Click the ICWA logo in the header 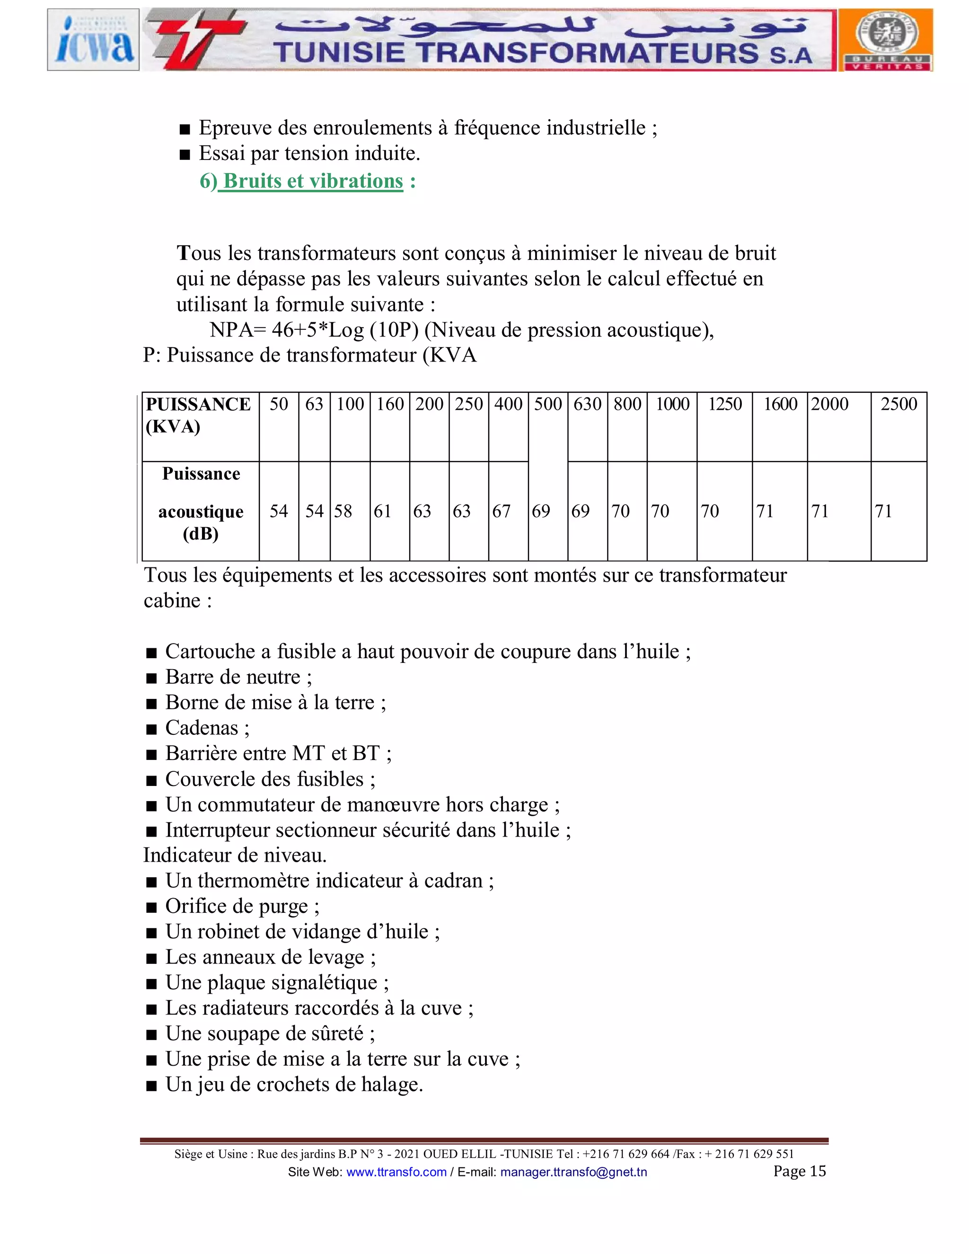93,40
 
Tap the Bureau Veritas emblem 885,40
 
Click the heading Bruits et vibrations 313,181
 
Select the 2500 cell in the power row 899,404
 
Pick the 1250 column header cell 724,404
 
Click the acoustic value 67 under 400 501,511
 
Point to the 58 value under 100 344,511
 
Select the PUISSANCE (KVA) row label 198,415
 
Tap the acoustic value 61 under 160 382,511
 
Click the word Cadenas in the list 202,728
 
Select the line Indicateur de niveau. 235,856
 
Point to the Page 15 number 799,1171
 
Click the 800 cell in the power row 627,404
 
